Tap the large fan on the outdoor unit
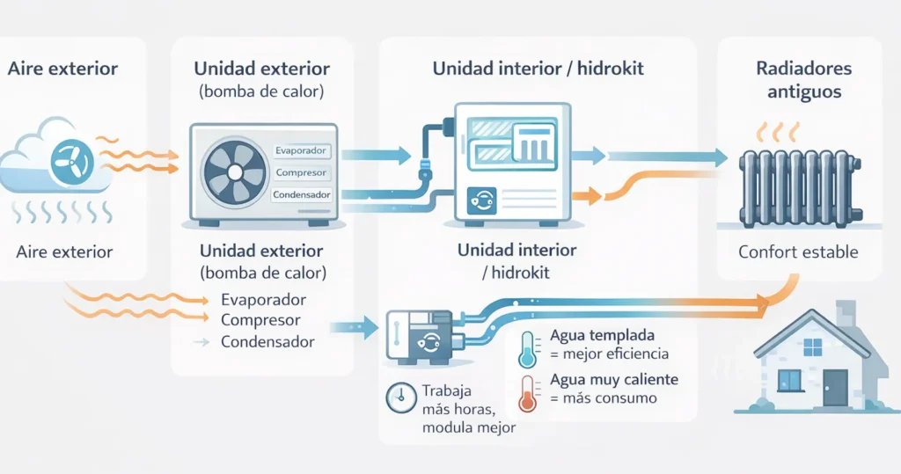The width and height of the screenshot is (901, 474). pyautogui.click(x=234, y=172)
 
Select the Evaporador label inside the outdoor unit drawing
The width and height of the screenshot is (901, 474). pyautogui.click(x=301, y=150)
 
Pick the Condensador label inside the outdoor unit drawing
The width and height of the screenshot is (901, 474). pyautogui.click(x=301, y=194)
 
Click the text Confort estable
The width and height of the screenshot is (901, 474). pyautogui.click(x=798, y=252)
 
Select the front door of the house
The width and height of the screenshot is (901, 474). pyautogui.click(x=834, y=386)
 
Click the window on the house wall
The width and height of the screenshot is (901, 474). pyautogui.click(x=790, y=380)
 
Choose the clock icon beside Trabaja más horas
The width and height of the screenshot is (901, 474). pyautogui.click(x=400, y=398)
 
